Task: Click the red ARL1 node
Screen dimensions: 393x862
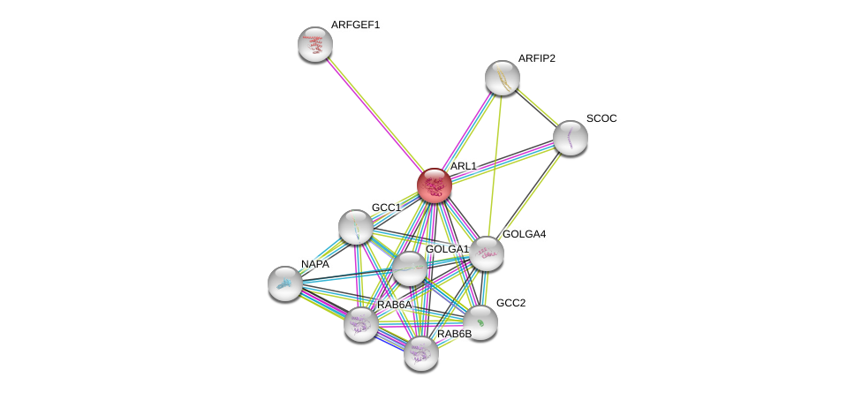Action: (435, 185)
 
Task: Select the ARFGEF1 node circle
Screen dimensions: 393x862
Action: (314, 44)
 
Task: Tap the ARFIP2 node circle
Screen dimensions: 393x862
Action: (502, 78)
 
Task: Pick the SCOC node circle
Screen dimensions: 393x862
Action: (570, 137)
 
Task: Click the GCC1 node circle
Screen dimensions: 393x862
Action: (355, 227)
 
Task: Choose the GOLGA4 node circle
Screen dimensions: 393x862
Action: (486, 253)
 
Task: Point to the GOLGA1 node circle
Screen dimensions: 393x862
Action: (409, 268)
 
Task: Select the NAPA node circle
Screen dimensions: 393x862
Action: (285, 283)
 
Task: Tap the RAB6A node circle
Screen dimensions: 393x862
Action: (361, 324)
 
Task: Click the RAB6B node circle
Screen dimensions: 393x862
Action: (421, 353)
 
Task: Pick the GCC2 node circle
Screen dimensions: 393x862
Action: (480, 322)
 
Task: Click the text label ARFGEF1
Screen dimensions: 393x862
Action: (355, 25)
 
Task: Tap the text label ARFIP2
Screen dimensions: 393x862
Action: (536, 58)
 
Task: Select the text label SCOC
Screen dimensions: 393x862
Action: (601, 118)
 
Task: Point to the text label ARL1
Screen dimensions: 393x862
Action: (463, 166)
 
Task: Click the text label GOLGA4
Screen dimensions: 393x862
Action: (525, 234)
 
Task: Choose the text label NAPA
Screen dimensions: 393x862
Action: (314, 264)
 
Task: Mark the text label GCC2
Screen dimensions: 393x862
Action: (510, 303)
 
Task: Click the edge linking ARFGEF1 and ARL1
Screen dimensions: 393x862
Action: (374, 115)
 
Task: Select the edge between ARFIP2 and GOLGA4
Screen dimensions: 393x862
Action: (495, 163)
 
